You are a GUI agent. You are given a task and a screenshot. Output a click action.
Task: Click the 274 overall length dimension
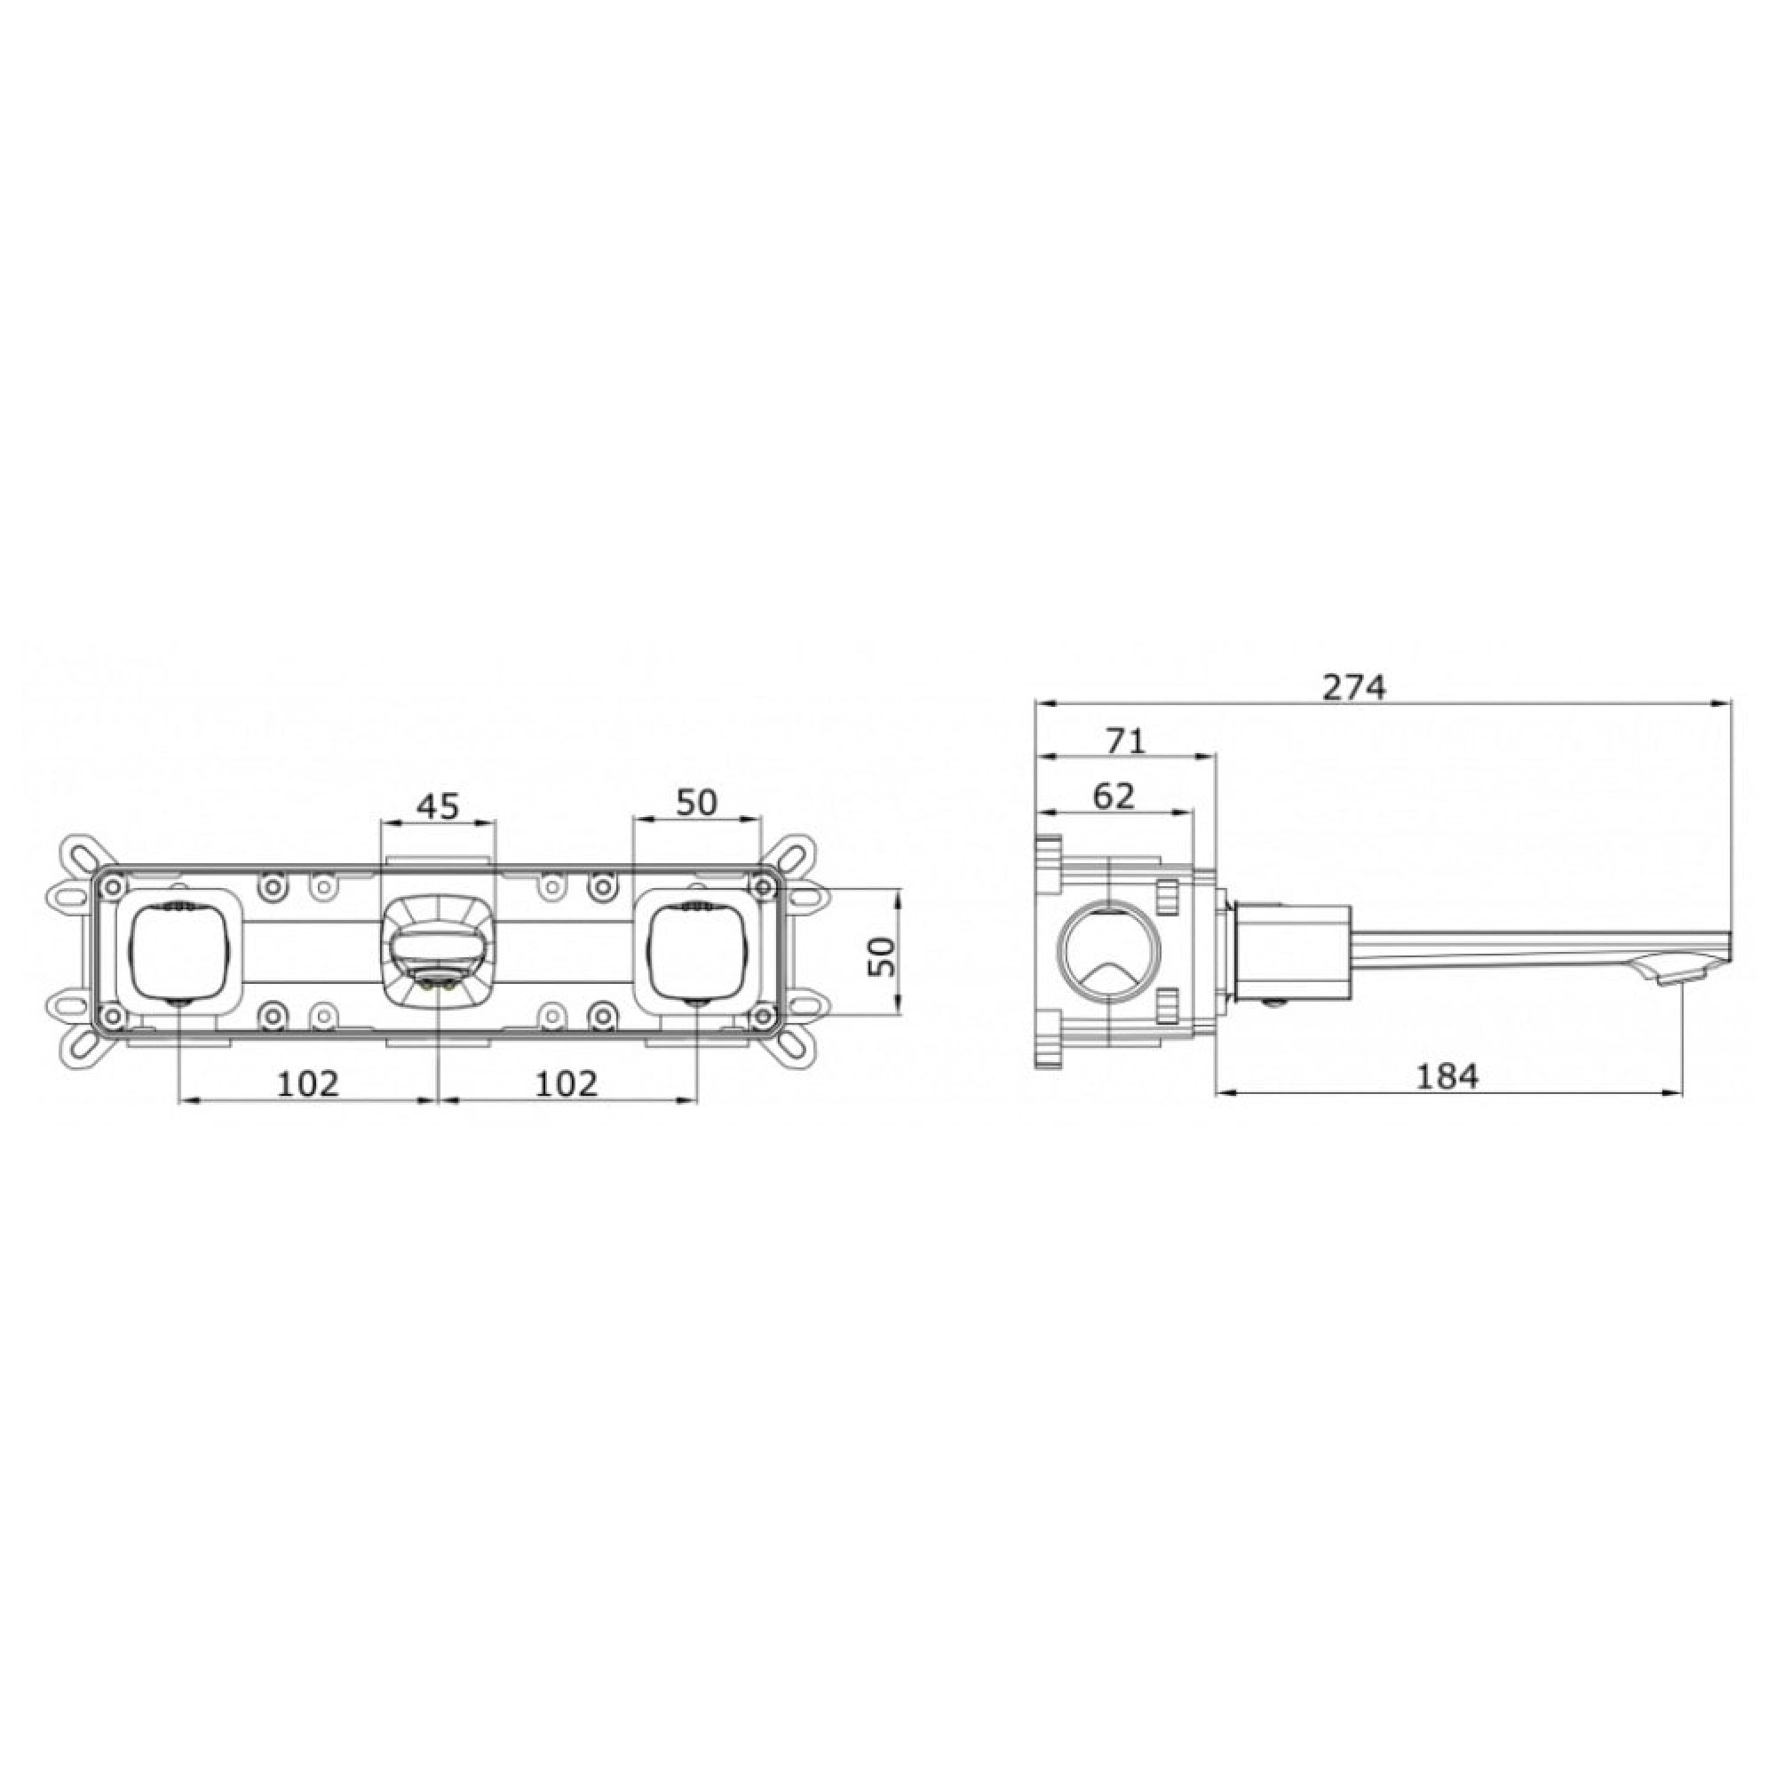pos(1353,686)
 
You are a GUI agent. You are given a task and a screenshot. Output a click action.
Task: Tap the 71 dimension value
pos(1126,741)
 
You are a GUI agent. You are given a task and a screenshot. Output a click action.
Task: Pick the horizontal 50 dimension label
pos(696,803)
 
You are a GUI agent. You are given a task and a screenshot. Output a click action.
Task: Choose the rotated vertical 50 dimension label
pos(881,956)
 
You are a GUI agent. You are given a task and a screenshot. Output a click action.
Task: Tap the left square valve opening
pos(178,950)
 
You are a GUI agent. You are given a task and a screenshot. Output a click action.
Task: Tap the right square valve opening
pos(696,950)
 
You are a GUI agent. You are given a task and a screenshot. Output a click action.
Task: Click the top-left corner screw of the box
pos(111,886)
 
